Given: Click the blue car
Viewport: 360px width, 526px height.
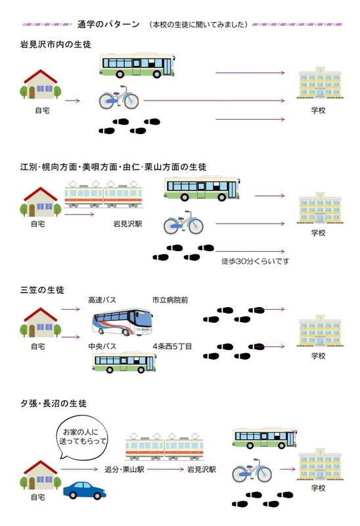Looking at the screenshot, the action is coord(85,490).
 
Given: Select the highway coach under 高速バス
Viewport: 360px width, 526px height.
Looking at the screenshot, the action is coord(122,322).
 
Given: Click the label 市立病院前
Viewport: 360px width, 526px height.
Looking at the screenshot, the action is coord(170,300).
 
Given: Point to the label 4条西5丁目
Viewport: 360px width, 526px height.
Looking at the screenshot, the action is coord(172,347).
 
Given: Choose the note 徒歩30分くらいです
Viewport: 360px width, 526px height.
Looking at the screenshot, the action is coord(255,261).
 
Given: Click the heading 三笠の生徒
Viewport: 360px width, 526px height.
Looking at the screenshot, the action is coord(42,290).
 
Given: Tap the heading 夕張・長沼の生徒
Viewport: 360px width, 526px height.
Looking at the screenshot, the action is coord(54,403).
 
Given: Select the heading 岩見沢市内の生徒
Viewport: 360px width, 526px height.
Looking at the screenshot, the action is coord(56,44).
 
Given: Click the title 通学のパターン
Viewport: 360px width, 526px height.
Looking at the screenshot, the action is coord(108,24).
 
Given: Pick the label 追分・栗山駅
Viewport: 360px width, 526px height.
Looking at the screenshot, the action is coord(124,469).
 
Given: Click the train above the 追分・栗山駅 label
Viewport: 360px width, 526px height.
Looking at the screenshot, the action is coord(165,446).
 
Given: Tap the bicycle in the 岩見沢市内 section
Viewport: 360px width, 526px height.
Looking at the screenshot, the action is coord(119,97).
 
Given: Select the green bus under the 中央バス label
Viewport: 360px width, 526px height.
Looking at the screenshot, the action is coord(124,362).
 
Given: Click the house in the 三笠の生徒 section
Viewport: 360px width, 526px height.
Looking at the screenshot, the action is coord(41,322).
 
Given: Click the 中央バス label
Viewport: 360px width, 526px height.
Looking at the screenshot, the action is coord(102,347).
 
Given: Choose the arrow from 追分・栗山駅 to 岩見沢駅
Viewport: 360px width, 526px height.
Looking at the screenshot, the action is coord(166,469).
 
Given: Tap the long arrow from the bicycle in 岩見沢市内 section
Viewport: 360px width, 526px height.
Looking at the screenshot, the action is coord(214,101).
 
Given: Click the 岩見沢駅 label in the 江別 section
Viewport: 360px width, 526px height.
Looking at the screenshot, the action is coord(127,224).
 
